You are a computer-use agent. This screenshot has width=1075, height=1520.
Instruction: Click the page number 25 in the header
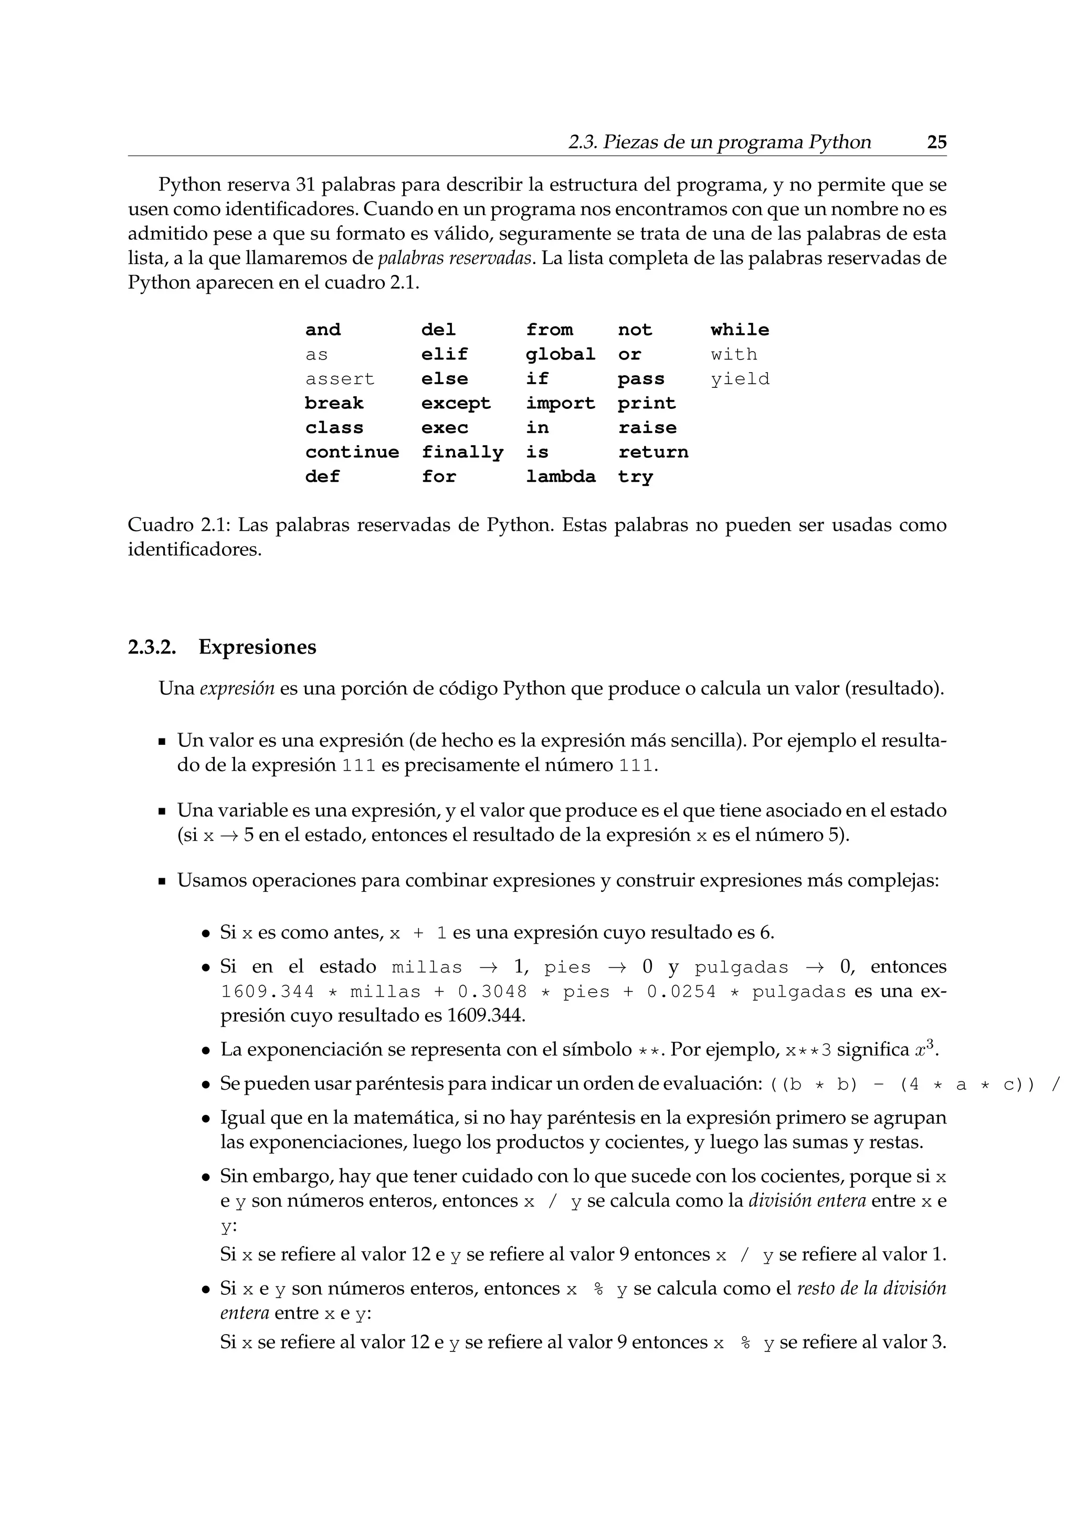pos(936,142)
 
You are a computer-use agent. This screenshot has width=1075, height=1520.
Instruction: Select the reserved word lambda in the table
pos(561,477)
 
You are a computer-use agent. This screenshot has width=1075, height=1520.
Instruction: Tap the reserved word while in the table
pos(740,330)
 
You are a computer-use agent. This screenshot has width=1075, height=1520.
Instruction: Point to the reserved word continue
pos(352,452)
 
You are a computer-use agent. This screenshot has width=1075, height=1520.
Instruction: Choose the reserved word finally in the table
pos(462,452)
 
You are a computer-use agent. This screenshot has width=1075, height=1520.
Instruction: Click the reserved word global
pos(561,354)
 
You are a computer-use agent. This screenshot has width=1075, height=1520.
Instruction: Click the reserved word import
pos(561,403)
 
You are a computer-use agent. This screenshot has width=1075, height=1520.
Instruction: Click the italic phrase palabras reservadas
pos(455,258)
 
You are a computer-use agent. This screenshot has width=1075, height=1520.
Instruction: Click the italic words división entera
pos(807,1200)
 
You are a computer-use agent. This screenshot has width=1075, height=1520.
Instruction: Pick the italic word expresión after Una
pos(237,689)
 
